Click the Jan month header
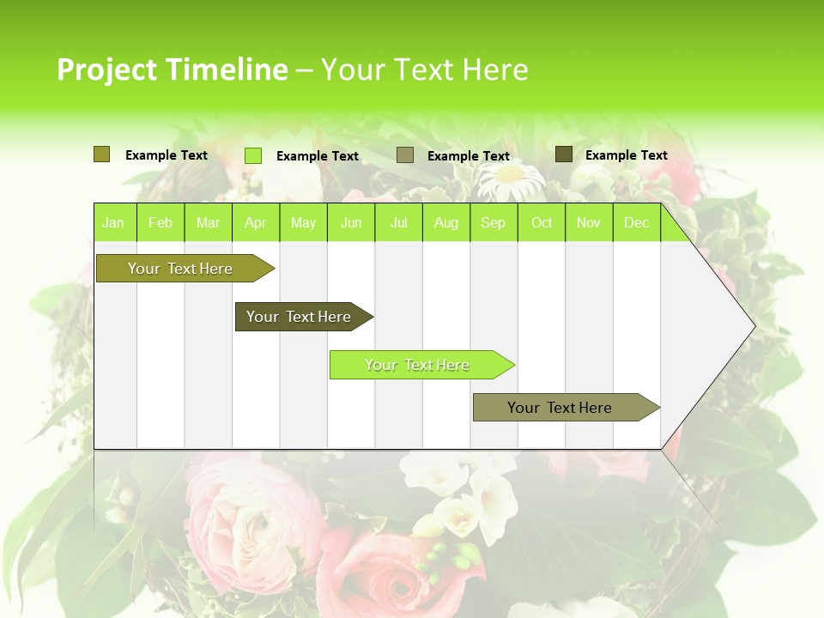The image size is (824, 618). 113,223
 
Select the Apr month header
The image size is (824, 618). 256,223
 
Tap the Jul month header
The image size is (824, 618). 398,223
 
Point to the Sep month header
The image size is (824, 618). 493,223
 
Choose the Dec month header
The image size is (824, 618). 636,223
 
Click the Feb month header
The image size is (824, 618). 161,223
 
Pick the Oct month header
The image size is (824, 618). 542,223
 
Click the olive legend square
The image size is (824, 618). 102,154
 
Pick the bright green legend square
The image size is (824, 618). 253,155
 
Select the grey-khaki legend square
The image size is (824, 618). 405,155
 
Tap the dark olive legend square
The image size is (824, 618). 564,154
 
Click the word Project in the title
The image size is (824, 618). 107,70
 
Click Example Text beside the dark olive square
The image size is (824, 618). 626,155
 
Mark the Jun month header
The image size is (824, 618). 351,223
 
